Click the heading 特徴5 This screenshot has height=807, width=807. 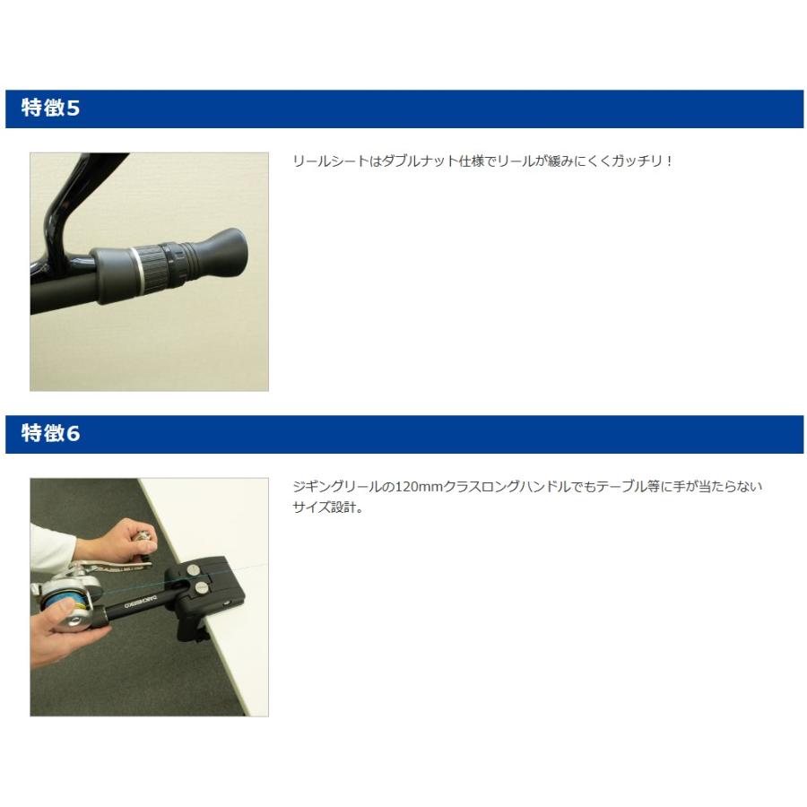pyautogui.click(x=50, y=108)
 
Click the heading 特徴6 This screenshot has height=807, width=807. pyautogui.click(x=50, y=433)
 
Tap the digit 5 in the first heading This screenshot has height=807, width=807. pyautogui.click(x=74, y=108)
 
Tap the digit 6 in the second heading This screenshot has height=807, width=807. pyautogui.click(x=74, y=434)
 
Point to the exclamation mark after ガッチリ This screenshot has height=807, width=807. pyautogui.click(x=669, y=161)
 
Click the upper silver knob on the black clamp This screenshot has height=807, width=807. pyautogui.click(x=193, y=569)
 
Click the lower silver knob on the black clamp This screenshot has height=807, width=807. pyautogui.click(x=200, y=587)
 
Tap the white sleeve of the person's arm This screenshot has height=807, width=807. pyautogui.click(x=50, y=548)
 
